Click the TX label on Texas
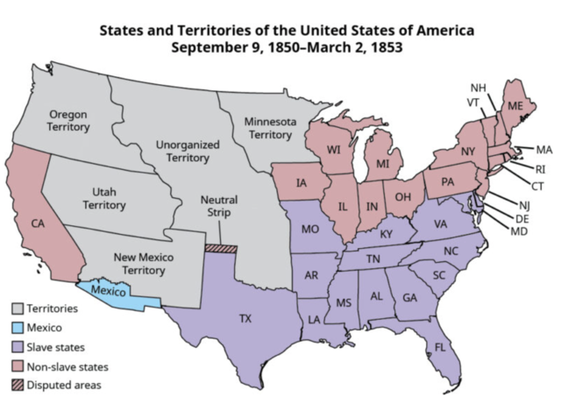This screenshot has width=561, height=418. point(245,318)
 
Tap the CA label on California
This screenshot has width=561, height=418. point(39,223)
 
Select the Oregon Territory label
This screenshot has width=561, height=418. point(68,121)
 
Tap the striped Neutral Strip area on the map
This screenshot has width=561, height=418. point(220,248)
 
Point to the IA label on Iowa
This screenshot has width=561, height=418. point(301,183)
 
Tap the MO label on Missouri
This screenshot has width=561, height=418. point(309,231)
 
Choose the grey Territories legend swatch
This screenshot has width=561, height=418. point(18,308)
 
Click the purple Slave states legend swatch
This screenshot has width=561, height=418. point(18,347)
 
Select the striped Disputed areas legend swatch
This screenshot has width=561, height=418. point(18,386)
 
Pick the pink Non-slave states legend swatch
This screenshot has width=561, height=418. point(18,366)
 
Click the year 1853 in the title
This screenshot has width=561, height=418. point(385,48)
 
